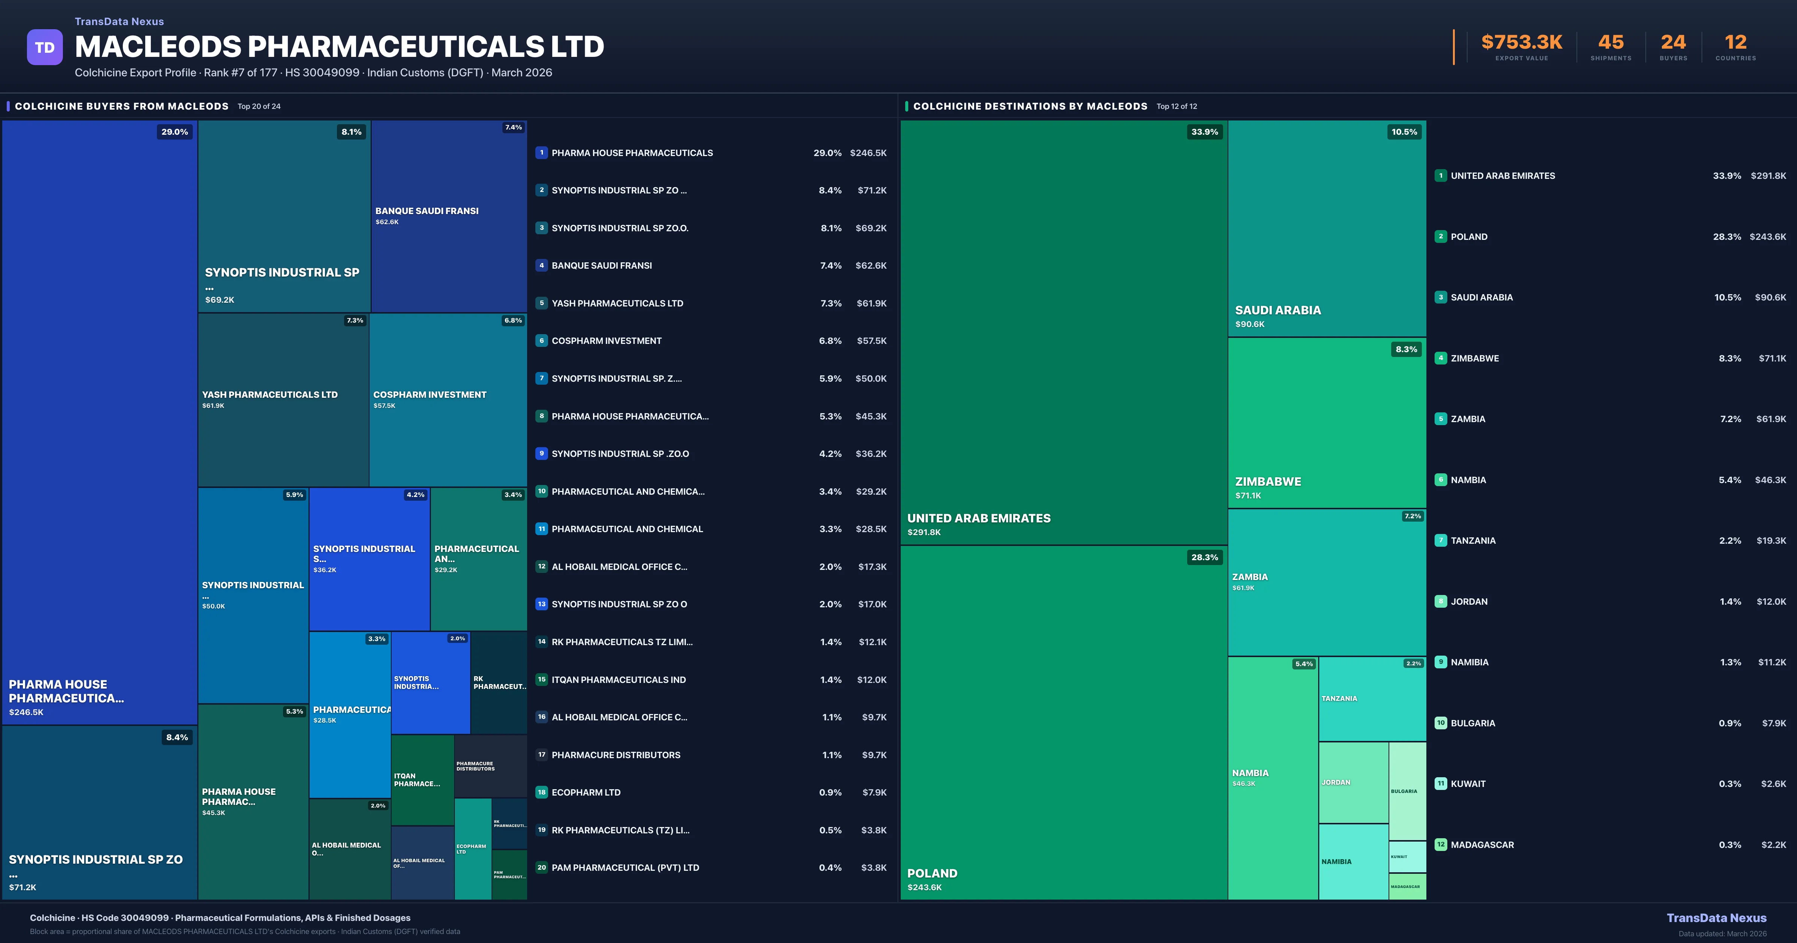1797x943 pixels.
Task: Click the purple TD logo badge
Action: (45, 48)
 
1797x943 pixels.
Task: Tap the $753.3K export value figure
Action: (1521, 43)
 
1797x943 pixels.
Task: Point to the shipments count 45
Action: (1611, 43)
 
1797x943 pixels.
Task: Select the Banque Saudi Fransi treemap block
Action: (449, 216)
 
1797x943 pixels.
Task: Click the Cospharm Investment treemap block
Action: (448, 400)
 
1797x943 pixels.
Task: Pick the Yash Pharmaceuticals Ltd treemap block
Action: (283, 400)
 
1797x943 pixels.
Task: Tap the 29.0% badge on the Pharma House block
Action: (174, 132)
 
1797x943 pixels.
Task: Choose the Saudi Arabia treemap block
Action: (1327, 229)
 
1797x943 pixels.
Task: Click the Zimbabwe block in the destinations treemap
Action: (1327, 423)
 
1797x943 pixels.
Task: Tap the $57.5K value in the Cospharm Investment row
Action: (871, 341)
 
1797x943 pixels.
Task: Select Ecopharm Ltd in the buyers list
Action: (586, 792)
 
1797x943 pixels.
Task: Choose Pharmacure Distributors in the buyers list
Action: (616, 755)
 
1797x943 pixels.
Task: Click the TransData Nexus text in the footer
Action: (1716, 918)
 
